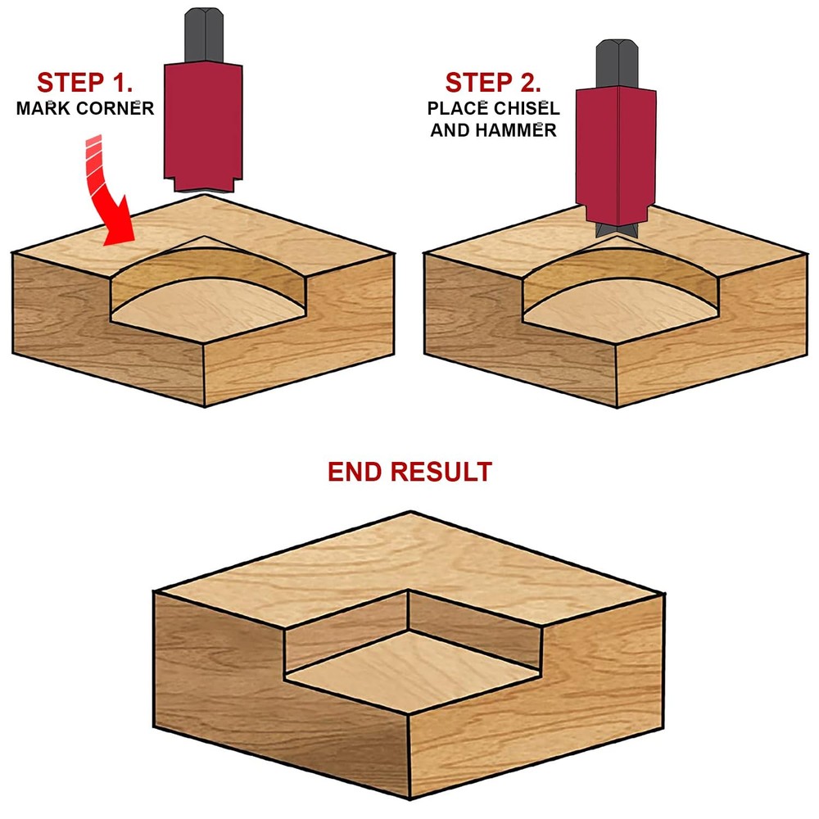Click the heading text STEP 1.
coord(85,83)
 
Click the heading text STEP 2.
coord(494,83)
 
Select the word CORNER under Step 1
coord(118,108)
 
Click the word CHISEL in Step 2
coord(525,108)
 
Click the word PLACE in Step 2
coord(455,108)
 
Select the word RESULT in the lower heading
coord(442,473)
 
